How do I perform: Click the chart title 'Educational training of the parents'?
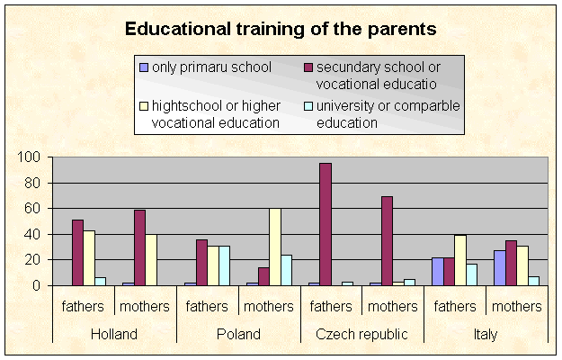point(281,29)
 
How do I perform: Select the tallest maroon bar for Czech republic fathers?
point(325,225)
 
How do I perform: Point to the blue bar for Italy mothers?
point(499,268)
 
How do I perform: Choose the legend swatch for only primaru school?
point(143,67)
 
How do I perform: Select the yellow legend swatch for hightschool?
point(143,106)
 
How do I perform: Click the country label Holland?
point(114,334)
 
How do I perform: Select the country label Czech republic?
point(361,334)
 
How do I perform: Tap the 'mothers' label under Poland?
point(269,307)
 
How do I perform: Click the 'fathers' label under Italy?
point(455,307)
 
